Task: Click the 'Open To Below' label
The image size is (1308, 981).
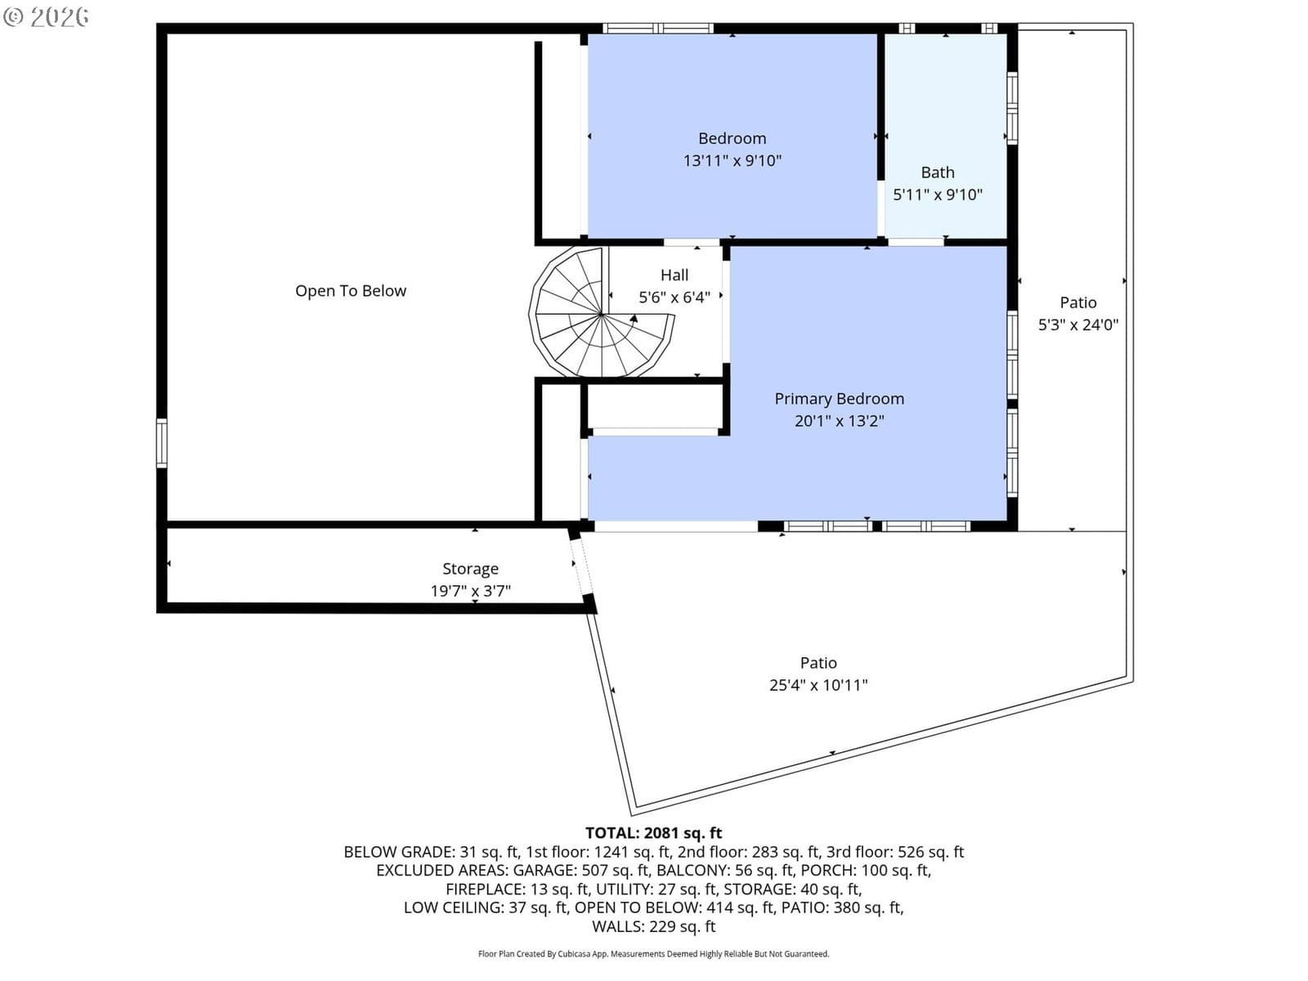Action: point(351,291)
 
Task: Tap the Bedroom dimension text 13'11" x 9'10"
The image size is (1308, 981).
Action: point(732,161)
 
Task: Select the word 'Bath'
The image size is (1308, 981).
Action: point(938,172)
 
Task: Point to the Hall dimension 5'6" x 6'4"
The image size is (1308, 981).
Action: point(674,298)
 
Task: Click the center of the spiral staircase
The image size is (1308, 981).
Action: point(602,314)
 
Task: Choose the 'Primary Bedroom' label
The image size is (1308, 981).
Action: point(839,399)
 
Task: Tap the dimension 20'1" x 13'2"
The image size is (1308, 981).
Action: point(839,421)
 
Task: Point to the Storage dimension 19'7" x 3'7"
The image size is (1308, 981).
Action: point(470,591)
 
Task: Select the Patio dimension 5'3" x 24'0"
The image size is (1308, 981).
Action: point(1078,325)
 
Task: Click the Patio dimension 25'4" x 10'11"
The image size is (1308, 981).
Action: point(818,685)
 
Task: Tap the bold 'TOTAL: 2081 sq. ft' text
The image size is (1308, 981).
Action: point(653,833)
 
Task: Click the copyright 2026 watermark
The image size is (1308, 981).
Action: point(46,17)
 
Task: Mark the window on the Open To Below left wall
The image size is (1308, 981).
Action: point(162,443)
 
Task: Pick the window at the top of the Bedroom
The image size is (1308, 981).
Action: point(658,28)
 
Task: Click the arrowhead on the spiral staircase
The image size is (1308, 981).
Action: point(634,319)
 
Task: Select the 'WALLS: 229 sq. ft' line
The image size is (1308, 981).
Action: point(653,926)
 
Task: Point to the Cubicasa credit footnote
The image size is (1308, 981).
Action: point(653,954)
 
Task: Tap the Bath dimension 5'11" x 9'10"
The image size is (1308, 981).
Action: point(938,195)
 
